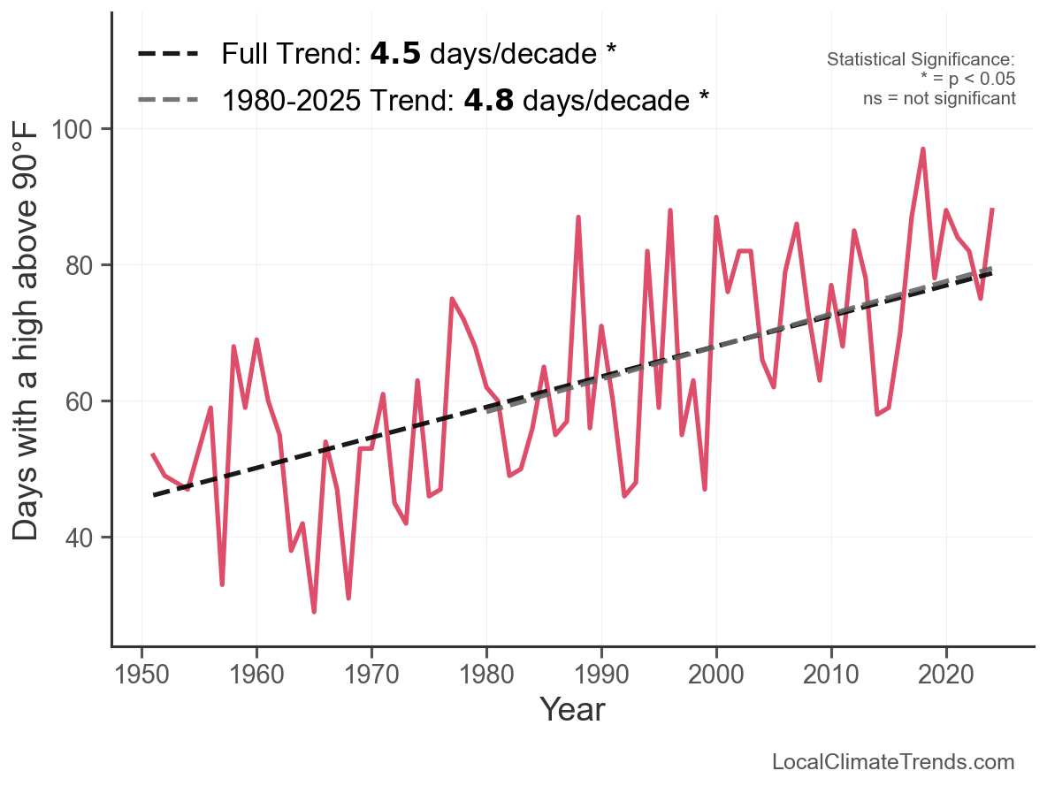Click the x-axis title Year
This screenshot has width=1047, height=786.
572,709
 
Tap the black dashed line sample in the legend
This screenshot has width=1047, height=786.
168,55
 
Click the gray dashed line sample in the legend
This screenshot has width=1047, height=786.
168,100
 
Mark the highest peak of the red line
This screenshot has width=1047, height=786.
923,149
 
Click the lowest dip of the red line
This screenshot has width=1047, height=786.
314,611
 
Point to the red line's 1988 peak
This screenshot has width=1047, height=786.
578,217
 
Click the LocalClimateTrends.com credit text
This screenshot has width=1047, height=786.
893,762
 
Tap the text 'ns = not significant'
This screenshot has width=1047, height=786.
939,98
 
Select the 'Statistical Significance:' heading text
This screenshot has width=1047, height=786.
921,59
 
